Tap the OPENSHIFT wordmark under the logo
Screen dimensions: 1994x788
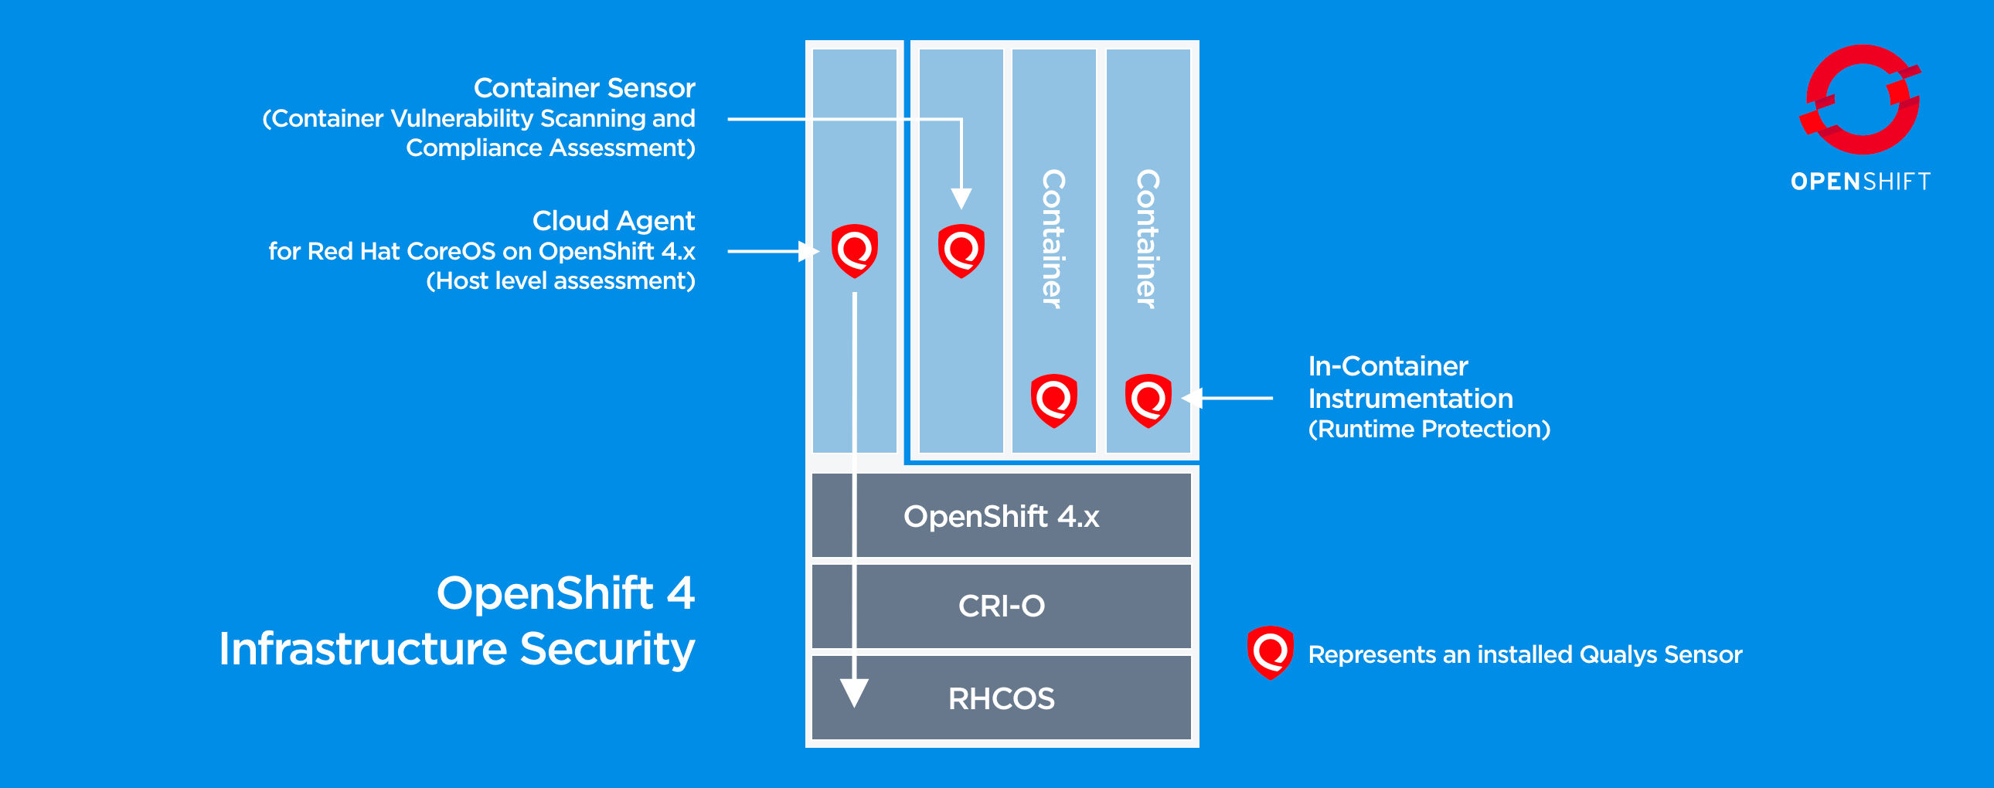click(x=1861, y=182)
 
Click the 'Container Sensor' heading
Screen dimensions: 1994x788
click(x=584, y=88)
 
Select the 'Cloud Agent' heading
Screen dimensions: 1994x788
click(x=614, y=222)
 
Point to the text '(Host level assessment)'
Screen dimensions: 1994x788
click(x=560, y=281)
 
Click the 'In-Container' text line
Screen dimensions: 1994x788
click(x=1388, y=366)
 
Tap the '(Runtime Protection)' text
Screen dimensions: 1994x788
click(x=1429, y=429)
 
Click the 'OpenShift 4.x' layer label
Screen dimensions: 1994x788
click(x=1002, y=516)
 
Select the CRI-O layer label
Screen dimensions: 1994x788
click(x=1002, y=606)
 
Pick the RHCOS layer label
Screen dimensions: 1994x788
click(x=1002, y=699)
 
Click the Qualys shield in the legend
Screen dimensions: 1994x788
click(x=1271, y=653)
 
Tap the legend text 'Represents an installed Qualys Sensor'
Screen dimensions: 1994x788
click(x=1525, y=655)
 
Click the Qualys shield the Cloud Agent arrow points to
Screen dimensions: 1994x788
click(x=855, y=251)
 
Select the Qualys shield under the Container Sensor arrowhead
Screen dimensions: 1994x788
click(x=961, y=251)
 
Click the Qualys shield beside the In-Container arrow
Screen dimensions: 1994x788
click(x=1148, y=401)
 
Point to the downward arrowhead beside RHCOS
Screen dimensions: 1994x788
click(x=855, y=693)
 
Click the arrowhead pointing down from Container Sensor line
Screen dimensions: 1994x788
click(x=961, y=199)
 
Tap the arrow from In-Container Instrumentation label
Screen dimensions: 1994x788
click(x=1227, y=398)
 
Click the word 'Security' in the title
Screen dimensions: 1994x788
click(x=607, y=650)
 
